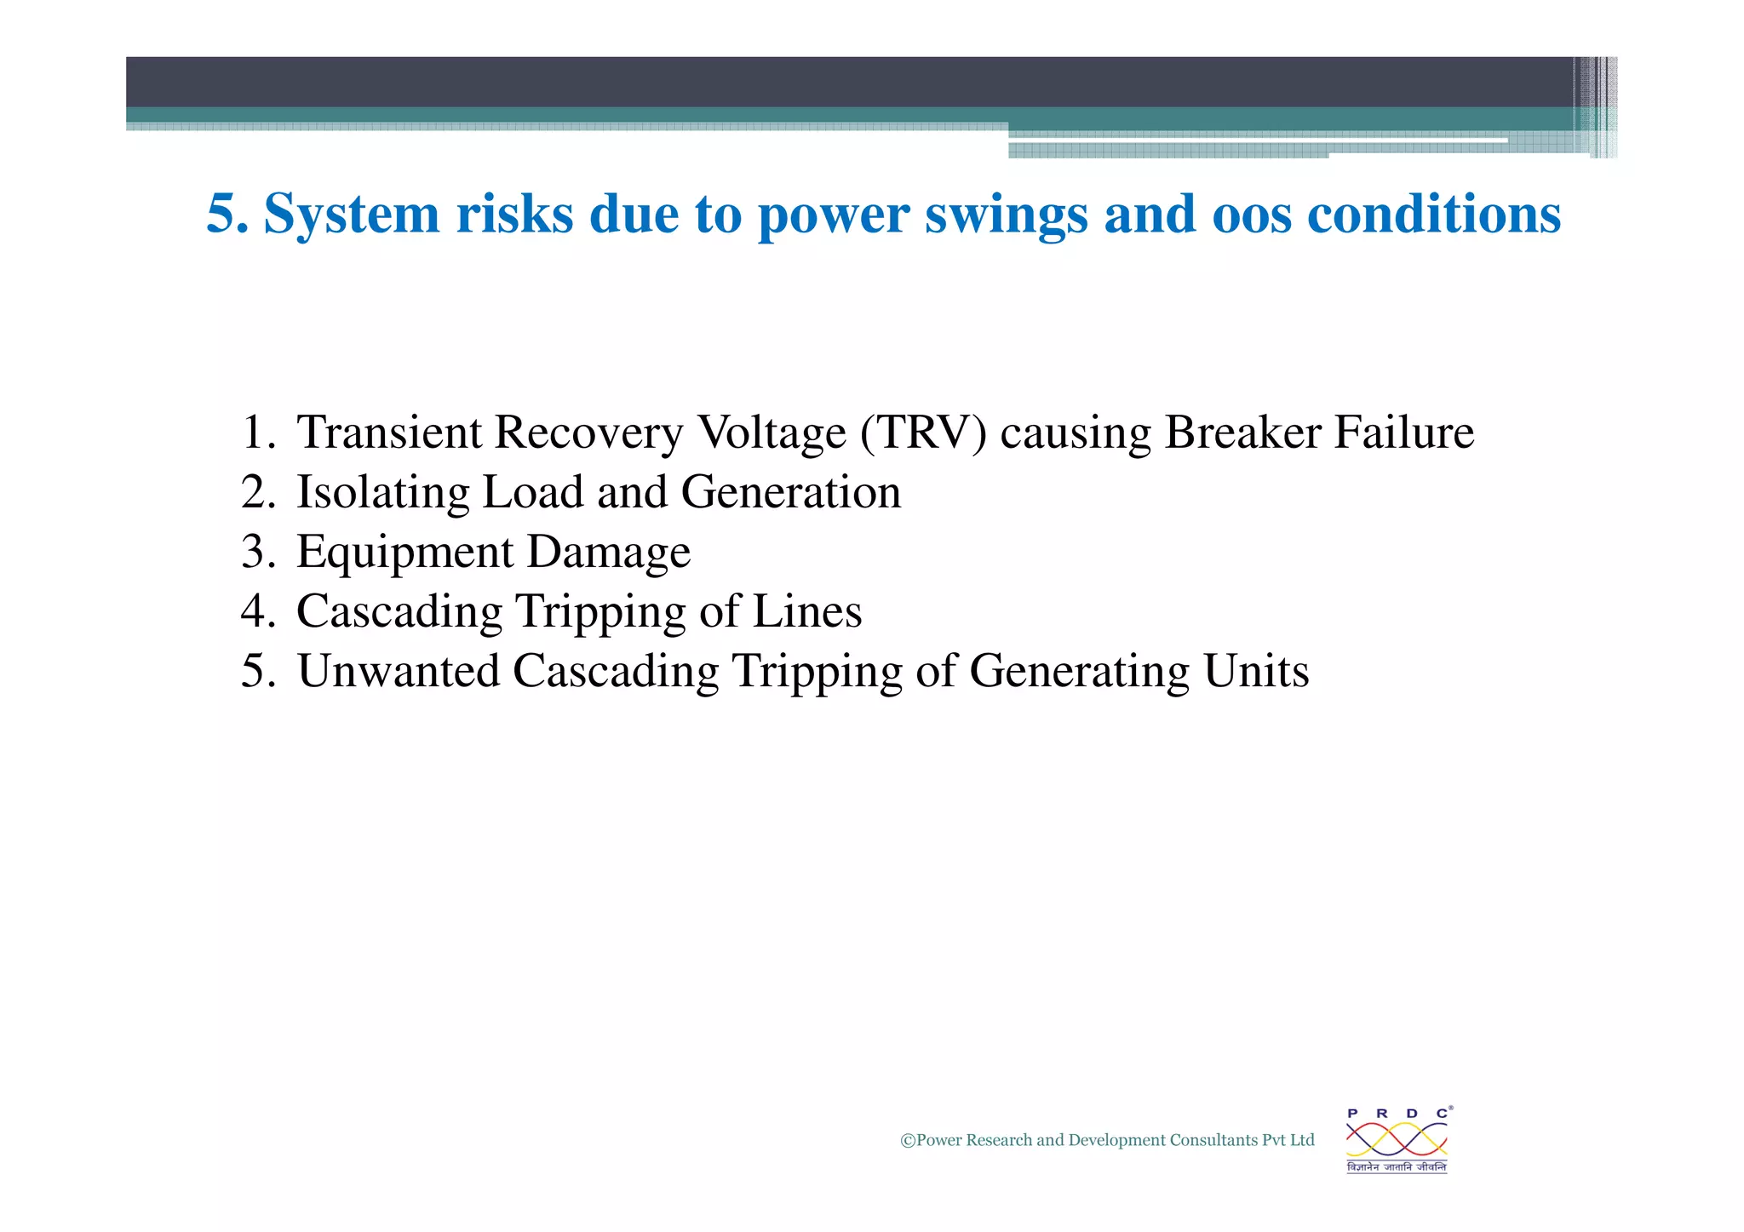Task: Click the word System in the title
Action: pos(351,215)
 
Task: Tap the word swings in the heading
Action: pos(1006,215)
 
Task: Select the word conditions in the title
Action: pos(1433,215)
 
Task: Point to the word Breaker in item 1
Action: pos(1242,433)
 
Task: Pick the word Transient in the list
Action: pos(388,433)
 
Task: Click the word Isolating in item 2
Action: pos(382,493)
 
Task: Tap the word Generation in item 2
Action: pos(790,493)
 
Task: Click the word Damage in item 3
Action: pos(608,553)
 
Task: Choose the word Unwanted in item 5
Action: pos(398,672)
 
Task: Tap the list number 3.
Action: pos(257,553)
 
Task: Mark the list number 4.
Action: pos(257,612)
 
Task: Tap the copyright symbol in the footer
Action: pos(908,1141)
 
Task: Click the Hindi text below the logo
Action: pos(1397,1167)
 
